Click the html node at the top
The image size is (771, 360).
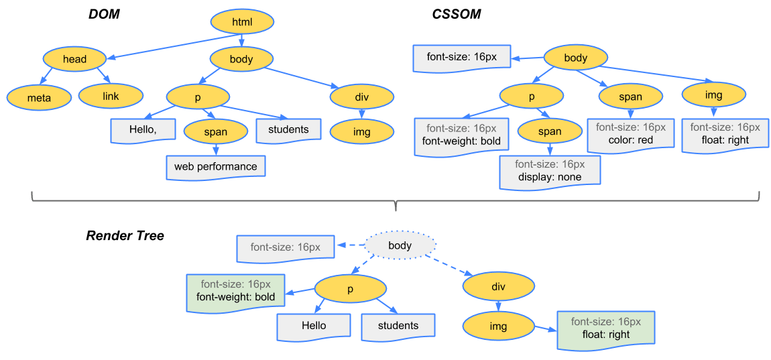tap(242, 22)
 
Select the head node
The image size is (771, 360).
tap(74, 59)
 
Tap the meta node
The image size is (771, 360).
tap(39, 97)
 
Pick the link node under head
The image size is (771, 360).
tap(111, 96)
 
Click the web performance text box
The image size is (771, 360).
tap(216, 166)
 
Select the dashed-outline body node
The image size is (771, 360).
tap(400, 245)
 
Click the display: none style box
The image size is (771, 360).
tap(550, 171)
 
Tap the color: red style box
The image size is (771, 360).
tap(630, 133)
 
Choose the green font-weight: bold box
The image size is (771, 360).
tap(235, 291)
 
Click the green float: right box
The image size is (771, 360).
tap(606, 328)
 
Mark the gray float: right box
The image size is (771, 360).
tap(725, 133)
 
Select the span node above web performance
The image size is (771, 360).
tap(215, 132)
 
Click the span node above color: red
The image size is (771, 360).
tap(630, 97)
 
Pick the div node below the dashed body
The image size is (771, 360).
tap(498, 287)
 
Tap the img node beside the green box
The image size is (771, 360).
tap(498, 326)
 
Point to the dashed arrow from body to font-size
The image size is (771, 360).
tap(349, 246)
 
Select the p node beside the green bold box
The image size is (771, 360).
tap(350, 289)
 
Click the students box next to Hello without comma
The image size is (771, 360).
tap(398, 326)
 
